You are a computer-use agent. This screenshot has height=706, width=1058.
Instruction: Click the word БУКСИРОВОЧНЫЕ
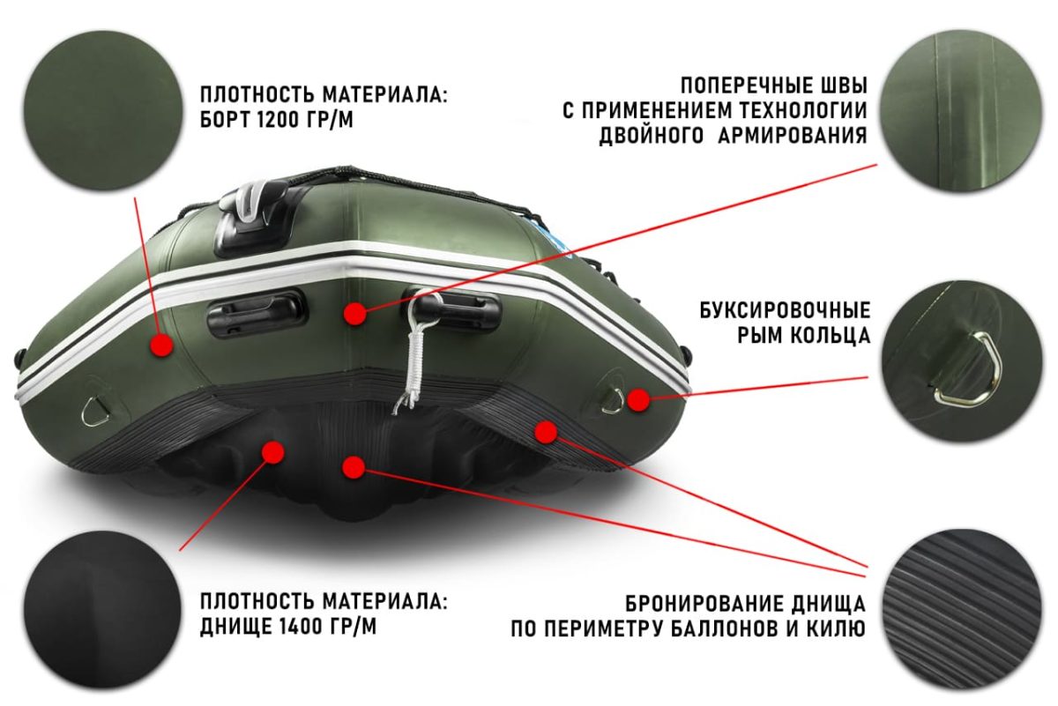point(785,311)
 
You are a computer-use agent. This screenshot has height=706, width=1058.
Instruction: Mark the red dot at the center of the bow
point(355,313)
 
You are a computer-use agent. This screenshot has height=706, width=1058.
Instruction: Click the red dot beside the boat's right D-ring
point(638,399)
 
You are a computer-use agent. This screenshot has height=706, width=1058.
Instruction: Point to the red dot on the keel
point(354,467)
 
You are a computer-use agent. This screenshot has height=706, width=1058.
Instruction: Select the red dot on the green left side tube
point(160,345)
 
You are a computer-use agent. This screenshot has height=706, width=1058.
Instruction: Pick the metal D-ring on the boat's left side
point(92,409)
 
